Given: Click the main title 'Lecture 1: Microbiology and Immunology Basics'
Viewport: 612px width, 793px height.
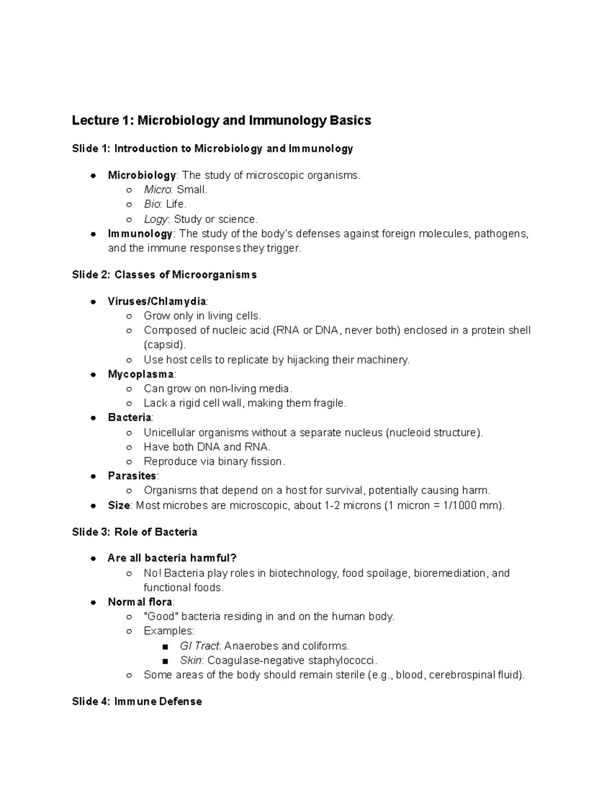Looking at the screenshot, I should point(221,121).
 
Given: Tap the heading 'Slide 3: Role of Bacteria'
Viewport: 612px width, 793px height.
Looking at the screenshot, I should point(135,532).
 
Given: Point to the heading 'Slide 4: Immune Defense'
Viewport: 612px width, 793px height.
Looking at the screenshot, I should point(137,702).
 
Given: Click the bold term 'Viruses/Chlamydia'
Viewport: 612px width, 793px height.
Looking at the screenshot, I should point(157,301).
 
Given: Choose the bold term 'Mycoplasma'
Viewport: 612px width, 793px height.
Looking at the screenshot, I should point(141,374).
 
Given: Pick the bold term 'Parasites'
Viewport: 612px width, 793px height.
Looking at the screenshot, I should point(132,476).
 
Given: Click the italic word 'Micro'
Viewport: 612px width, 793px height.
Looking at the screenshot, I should point(157,190).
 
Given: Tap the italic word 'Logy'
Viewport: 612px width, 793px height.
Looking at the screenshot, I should point(156,219).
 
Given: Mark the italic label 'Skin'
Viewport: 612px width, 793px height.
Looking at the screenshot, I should point(191,660).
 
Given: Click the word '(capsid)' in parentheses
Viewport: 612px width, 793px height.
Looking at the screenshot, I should point(164,345).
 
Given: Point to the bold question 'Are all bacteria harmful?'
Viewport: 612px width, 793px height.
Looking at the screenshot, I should point(172,558).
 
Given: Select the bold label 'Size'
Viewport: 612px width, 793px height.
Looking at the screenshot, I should point(119,506).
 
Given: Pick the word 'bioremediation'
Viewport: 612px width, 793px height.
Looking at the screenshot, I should point(449,573).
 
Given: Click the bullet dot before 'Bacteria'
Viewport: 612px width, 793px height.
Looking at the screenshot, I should point(93,418).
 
